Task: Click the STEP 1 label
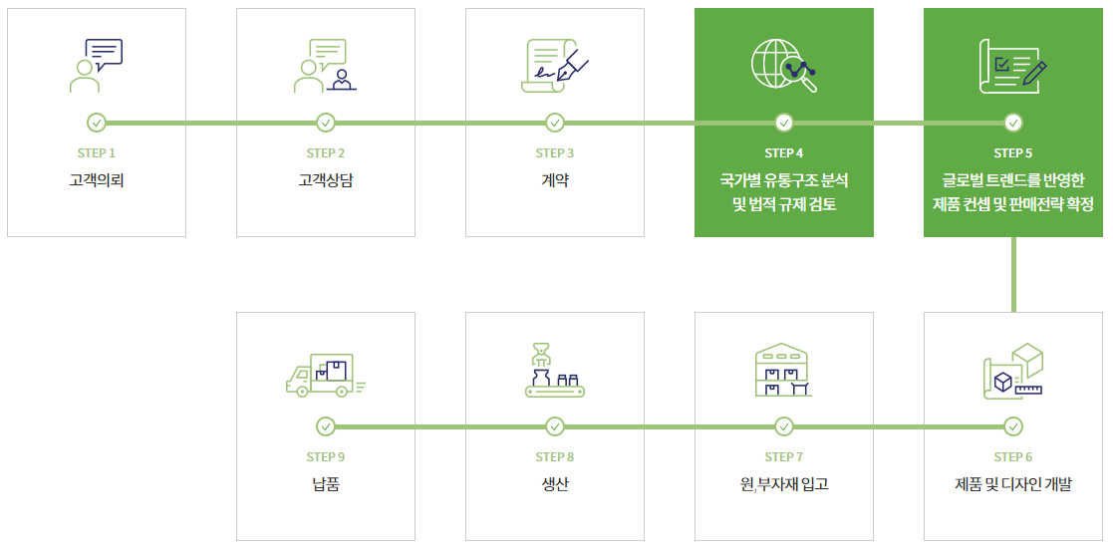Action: click(97, 153)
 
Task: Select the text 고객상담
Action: click(326, 180)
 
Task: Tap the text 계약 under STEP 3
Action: click(555, 180)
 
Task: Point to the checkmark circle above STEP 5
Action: click(1013, 123)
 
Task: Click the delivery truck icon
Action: click(325, 376)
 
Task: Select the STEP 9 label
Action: click(326, 457)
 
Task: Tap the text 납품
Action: click(326, 485)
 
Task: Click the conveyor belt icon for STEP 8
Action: click(555, 372)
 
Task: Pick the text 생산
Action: click(555, 485)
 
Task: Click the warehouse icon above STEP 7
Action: click(784, 371)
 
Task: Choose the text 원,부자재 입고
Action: click(784, 485)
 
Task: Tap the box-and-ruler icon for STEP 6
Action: click(1013, 372)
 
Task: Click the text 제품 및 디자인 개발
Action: click(1013, 485)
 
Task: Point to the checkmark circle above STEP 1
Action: click(97, 123)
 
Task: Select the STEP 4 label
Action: click(784, 153)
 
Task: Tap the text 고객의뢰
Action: click(97, 180)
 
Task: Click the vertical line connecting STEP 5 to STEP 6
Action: click(1013, 274)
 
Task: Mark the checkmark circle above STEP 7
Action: click(784, 426)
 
